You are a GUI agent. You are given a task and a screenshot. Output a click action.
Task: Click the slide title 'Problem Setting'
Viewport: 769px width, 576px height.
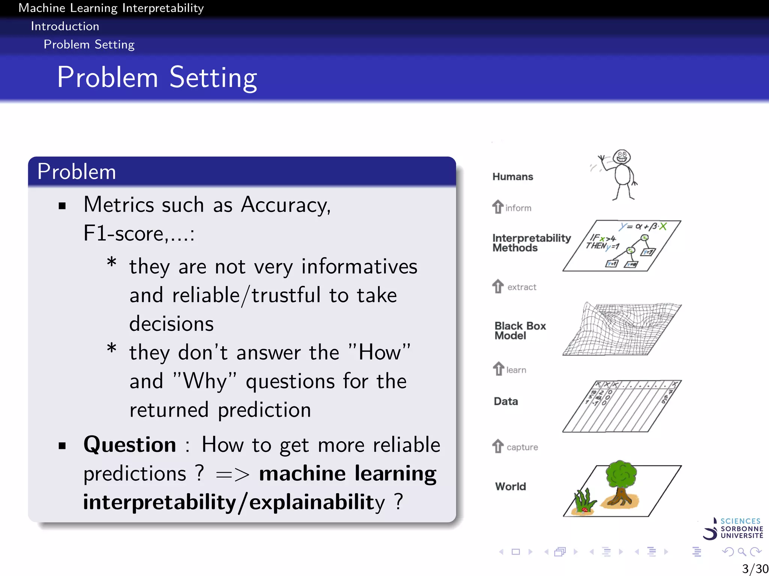[157, 77]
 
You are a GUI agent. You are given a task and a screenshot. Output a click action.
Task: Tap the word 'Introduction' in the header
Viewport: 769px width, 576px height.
[65, 26]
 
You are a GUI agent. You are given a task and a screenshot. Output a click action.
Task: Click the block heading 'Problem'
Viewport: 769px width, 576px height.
[77, 172]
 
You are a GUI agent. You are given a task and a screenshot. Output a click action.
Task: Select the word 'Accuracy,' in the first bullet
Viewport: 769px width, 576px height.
[285, 205]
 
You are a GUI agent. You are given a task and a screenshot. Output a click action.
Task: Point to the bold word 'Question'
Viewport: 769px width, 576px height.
[130, 445]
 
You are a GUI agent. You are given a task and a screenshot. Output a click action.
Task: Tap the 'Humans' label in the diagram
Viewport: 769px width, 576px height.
[513, 177]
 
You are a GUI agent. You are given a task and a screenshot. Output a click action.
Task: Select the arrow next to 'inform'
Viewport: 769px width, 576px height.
[498, 207]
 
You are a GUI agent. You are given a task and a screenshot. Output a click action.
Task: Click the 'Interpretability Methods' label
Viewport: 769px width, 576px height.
[531, 243]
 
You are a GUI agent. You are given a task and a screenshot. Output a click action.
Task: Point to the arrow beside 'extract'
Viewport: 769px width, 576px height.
[498, 286]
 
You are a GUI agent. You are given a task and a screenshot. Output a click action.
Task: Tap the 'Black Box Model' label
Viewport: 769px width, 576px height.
[520, 330]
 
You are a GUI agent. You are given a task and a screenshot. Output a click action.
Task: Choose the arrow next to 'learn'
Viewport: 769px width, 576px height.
[498, 369]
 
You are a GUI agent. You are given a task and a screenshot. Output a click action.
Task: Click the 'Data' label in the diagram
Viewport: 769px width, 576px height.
[506, 401]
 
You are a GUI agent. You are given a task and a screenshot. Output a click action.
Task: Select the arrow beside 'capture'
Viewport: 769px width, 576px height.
[498, 446]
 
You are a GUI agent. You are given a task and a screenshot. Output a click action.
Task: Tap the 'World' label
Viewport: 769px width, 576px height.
[510, 486]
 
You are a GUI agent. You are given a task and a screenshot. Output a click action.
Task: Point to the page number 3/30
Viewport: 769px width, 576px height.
[755, 568]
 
